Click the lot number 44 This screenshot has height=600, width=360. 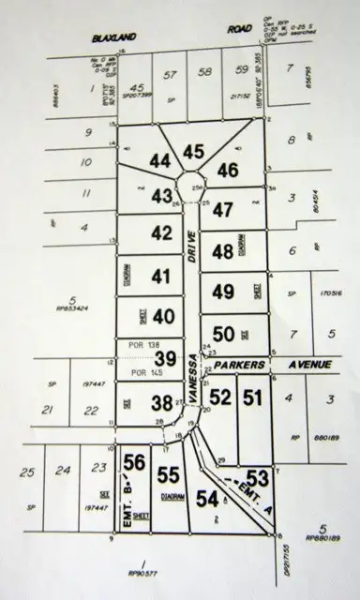coord(160,161)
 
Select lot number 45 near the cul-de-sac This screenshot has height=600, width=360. coord(194,151)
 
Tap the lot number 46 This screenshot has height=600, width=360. coord(228,170)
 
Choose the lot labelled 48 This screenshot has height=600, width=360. coord(222,251)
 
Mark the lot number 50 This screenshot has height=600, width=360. coord(223,332)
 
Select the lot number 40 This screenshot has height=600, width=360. coord(163,315)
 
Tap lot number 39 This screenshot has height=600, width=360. coord(165,358)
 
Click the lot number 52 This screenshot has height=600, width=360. coord(219,397)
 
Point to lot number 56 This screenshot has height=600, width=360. coord(135,460)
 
